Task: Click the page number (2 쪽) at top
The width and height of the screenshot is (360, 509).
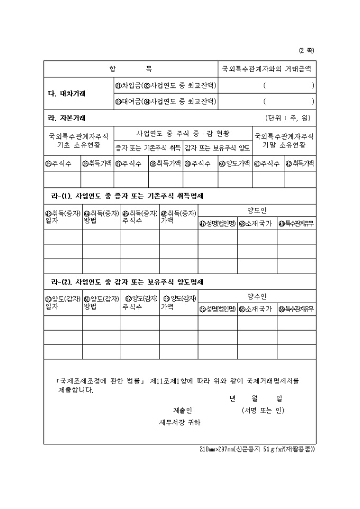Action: (x=307, y=51)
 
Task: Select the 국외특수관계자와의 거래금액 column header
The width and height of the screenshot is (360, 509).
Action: (x=267, y=69)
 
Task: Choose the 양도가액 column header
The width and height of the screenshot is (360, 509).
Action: (x=235, y=163)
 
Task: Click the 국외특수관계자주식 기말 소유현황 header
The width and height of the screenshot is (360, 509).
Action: (x=284, y=140)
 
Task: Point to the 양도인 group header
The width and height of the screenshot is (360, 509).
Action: (x=257, y=210)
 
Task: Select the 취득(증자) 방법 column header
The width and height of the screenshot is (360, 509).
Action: (x=101, y=217)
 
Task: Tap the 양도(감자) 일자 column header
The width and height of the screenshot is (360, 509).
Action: (x=62, y=302)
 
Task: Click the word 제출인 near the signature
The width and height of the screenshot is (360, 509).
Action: (x=182, y=410)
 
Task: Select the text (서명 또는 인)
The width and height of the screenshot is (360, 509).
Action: (x=263, y=410)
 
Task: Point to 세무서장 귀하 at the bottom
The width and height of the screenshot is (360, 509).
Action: (x=180, y=423)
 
